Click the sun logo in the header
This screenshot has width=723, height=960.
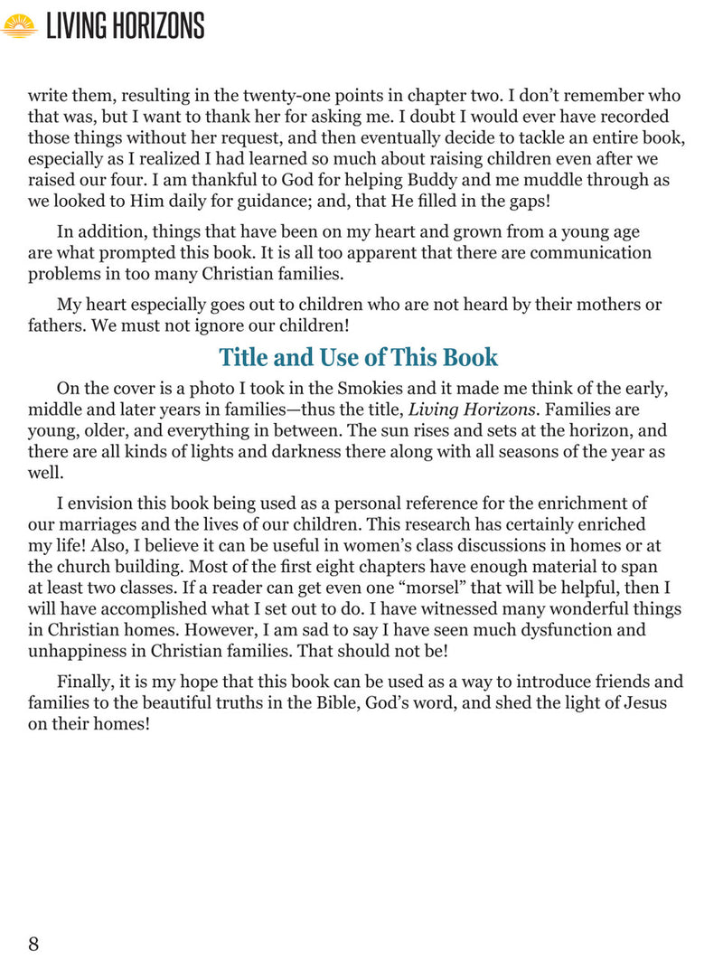pyautogui.click(x=19, y=25)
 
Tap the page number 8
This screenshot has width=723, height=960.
pyautogui.click(x=33, y=944)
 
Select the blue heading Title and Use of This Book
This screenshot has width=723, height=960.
pyautogui.click(x=358, y=357)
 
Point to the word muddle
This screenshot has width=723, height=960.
pyautogui.click(x=543, y=179)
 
